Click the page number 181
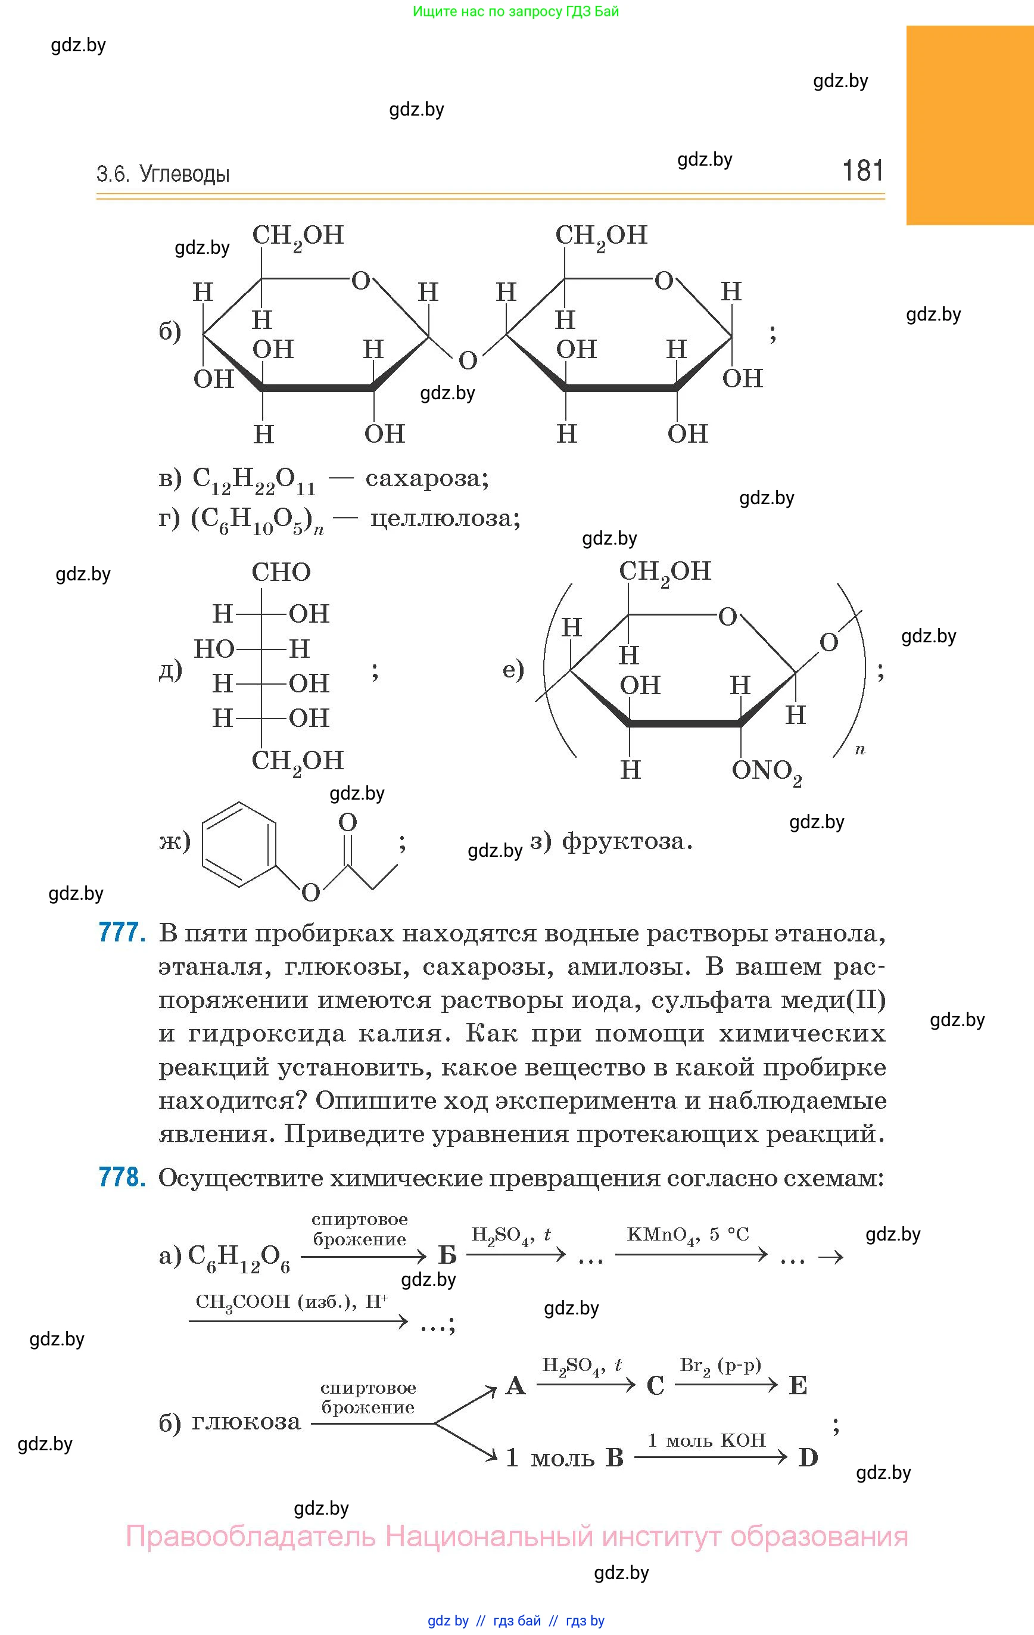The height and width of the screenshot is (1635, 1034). pyautogui.click(x=862, y=170)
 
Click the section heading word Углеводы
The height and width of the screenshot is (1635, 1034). pyautogui.click(x=184, y=175)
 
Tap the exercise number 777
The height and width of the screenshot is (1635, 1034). pyautogui.click(x=122, y=932)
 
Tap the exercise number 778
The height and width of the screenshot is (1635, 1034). pyautogui.click(x=122, y=1177)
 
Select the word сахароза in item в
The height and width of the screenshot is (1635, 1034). pyautogui.click(x=426, y=478)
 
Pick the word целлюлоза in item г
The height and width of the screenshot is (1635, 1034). pyautogui.click(x=445, y=519)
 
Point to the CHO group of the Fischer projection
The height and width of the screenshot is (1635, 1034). pyautogui.click(x=281, y=573)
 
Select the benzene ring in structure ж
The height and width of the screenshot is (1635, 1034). pyautogui.click(x=239, y=844)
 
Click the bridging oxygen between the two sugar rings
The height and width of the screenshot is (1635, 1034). pyautogui.click(x=467, y=360)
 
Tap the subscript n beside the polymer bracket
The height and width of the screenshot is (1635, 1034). pyautogui.click(x=859, y=750)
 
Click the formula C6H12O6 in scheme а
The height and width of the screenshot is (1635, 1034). pyautogui.click(x=238, y=1257)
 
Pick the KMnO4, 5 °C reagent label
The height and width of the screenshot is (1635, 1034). pyautogui.click(x=687, y=1235)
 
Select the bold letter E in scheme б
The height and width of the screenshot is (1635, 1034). pyautogui.click(x=798, y=1385)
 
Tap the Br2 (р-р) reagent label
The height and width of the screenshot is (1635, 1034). pyautogui.click(x=720, y=1366)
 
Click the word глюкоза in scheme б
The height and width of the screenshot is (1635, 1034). pyautogui.click(x=246, y=1421)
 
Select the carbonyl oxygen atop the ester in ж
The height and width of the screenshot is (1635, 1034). pyautogui.click(x=348, y=822)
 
